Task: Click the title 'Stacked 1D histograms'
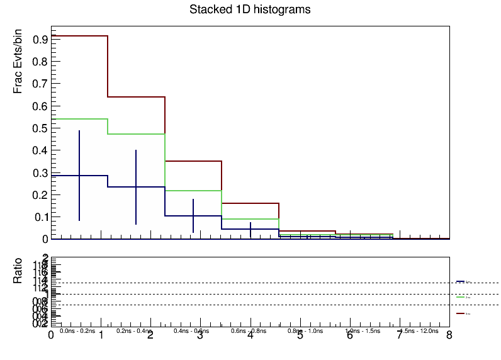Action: (250, 10)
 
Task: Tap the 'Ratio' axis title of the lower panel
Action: (19, 271)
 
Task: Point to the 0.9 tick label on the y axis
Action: (41, 40)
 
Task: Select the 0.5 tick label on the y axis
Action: (41, 128)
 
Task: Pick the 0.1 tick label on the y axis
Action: (41, 217)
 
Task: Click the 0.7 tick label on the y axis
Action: (41, 84)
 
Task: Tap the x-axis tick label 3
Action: (200, 336)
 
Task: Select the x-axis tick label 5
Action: (300, 336)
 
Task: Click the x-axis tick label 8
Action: (449, 336)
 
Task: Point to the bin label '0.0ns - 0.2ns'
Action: (77, 330)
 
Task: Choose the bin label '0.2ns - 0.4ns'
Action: (134, 330)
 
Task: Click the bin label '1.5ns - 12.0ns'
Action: (419, 330)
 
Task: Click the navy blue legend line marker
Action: (460, 281)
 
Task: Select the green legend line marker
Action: (460, 297)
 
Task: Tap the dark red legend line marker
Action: (460, 313)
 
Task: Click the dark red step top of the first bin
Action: (79, 36)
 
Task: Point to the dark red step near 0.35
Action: (193, 161)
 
